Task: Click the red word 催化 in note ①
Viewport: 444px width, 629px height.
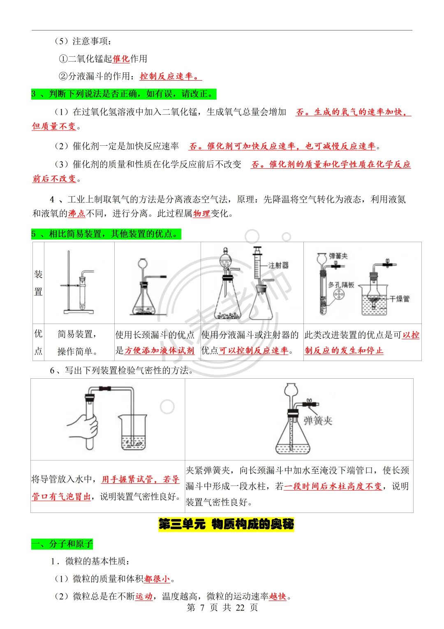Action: point(121,59)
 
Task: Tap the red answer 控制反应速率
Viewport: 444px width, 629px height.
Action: point(169,77)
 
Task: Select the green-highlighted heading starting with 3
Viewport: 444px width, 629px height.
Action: point(123,94)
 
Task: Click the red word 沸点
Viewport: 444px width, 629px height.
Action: point(76,214)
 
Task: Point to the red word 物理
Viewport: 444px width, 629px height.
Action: point(201,214)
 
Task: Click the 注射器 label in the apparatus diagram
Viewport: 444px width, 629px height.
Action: point(279,266)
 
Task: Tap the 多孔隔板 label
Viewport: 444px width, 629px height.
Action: point(341,285)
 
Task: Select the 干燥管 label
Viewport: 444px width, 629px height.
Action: point(400,299)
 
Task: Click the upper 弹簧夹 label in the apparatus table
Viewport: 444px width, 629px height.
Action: point(338,256)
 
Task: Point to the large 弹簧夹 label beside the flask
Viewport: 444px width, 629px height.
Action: point(318,421)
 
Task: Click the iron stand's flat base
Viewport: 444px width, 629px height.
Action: point(79,312)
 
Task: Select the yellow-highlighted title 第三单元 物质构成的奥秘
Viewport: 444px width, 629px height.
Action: point(226,524)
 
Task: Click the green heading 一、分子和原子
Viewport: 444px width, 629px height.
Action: point(62,544)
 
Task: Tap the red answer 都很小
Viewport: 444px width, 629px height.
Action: point(157,579)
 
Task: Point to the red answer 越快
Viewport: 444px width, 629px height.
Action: point(277,596)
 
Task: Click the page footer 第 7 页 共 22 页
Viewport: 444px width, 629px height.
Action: point(222,608)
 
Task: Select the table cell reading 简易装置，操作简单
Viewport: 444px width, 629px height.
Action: point(77,343)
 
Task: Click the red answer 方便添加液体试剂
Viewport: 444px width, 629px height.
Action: point(159,351)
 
